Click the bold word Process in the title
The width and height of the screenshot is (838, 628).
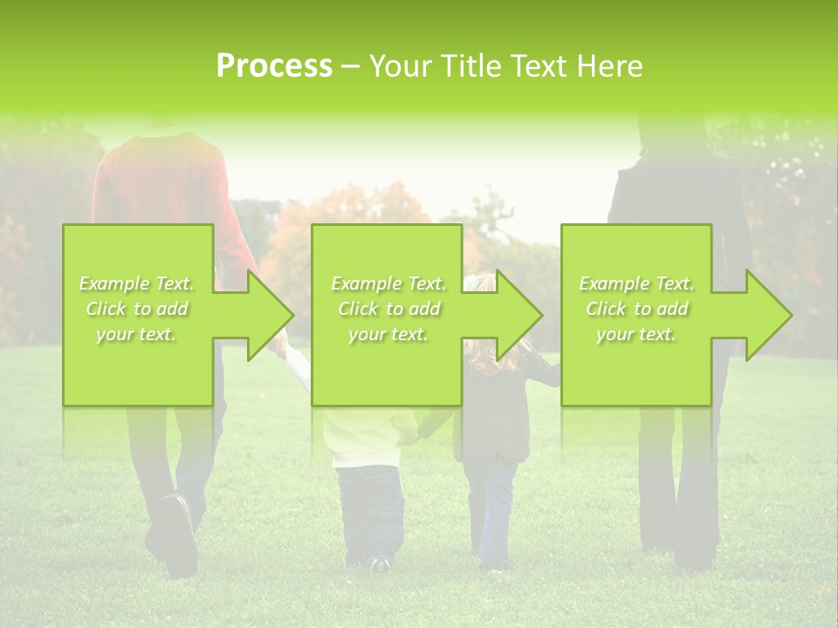click(274, 66)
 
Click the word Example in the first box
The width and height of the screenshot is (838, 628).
click(114, 283)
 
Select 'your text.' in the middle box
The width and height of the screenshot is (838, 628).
click(387, 334)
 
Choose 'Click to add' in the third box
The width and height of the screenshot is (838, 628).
click(635, 309)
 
